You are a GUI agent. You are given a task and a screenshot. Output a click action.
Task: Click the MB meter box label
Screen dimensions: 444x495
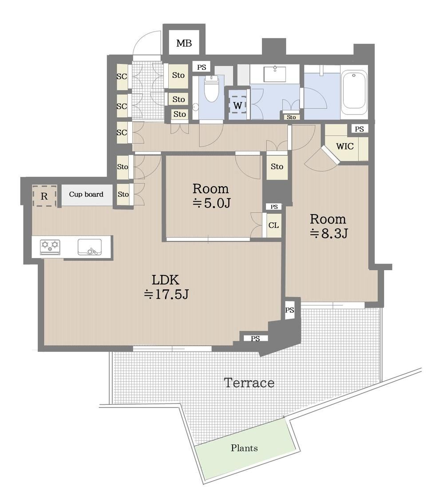pyautogui.click(x=184, y=43)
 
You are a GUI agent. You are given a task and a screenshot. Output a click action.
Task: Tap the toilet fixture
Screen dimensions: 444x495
pyautogui.click(x=211, y=89)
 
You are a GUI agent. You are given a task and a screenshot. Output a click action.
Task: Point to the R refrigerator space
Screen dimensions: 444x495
pyautogui.click(x=44, y=196)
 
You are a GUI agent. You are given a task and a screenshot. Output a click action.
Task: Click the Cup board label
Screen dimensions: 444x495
pyautogui.click(x=86, y=194)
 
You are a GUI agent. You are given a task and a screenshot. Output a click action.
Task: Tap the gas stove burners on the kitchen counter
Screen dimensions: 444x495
pyautogui.click(x=50, y=247)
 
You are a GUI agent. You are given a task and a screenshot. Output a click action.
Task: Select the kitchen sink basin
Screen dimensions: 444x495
pyautogui.click(x=90, y=247)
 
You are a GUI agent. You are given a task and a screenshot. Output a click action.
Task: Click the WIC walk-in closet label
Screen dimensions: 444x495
pyautogui.click(x=345, y=146)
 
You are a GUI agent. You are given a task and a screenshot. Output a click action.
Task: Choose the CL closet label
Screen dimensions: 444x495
pyautogui.click(x=274, y=225)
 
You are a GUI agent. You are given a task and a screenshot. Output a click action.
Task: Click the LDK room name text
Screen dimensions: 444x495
pyautogui.click(x=166, y=279)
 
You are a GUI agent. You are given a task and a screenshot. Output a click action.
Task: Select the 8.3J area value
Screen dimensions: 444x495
pyautogui.click(x=329, y=233)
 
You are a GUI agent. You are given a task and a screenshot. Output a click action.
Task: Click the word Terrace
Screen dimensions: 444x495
pyautogui.click(x=249, y=383)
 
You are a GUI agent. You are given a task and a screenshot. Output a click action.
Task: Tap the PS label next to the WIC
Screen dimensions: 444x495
pyautogui.click(x=359, y=129)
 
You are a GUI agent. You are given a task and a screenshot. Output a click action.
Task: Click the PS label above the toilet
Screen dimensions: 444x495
pyautogui.click(x=202, y=67)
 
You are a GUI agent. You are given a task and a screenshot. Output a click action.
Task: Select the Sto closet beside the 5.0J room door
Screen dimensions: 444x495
pyautogui.click(x=277, y=166)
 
